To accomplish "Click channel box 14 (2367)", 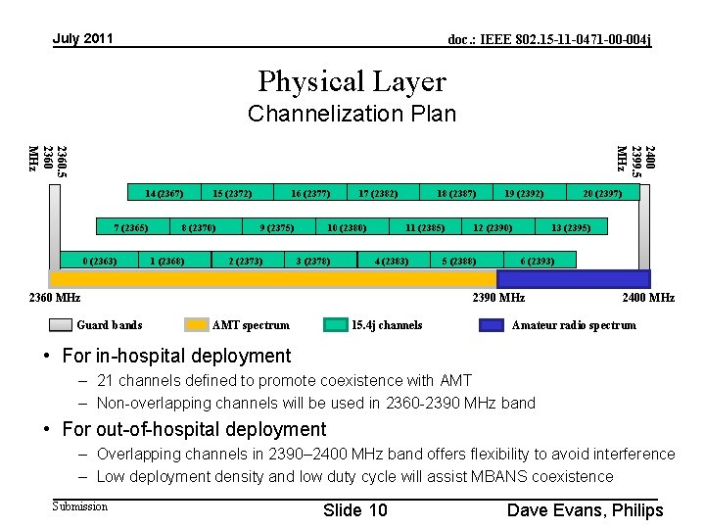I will coord(164,193).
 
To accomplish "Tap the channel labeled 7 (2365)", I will coord(130,227).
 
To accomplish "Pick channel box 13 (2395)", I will coord(569,227).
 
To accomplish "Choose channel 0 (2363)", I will coord(100,261).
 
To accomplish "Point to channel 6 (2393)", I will coord(538,261).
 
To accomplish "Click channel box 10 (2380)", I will coord(347,227).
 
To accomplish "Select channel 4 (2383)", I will coord(392,261).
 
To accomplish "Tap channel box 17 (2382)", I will coord(378,193).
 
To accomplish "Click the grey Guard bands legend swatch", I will coord(61,325).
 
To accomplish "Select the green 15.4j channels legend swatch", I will coord(336,325).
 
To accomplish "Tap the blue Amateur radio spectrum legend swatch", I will coord(492,325).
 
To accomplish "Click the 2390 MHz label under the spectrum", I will coord(499,298).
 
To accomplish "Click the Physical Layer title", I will coord(352,81).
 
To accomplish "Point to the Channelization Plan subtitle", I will coord(352,114).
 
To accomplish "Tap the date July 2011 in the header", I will coord(83,39).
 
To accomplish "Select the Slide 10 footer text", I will coord(354,509).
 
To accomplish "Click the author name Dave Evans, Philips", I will coord(585,509).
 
